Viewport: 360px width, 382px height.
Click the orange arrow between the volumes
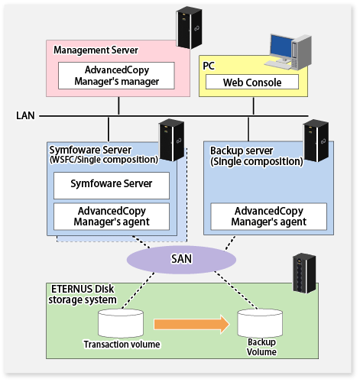click(x=192, y=324)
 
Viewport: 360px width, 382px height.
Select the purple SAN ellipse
click(x=181, y=259)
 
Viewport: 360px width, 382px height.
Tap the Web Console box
click(x=252, y=82)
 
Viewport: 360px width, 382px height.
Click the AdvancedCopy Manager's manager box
click(x=116, y=76)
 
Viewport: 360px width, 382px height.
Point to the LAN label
click(x=25, y=115)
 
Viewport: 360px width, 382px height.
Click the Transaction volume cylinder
click(x=121, y=324)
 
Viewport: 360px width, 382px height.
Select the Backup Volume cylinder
click(x=260, y=323)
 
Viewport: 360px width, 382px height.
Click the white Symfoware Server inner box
click(x=112, y=186)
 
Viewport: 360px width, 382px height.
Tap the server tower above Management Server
click(x=189, y=28)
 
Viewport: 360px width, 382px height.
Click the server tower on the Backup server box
click(x=316, y=141)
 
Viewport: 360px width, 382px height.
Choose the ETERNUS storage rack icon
click(x=304, y=273)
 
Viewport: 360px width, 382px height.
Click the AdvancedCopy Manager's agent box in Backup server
click(x=269, y=216)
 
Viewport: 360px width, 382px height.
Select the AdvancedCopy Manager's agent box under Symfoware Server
click(x=112, y=216)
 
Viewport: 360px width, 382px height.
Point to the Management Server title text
click(x=96, y=50)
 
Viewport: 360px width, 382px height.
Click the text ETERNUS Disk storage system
click(x=83, y=294)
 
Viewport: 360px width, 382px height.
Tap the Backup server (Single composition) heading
click(x=256, y=156)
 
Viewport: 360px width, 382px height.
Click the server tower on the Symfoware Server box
click(x=171, y=140)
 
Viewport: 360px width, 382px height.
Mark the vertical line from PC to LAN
click(x=254, y=106)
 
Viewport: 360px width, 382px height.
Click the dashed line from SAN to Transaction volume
click(x=138, y=290)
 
